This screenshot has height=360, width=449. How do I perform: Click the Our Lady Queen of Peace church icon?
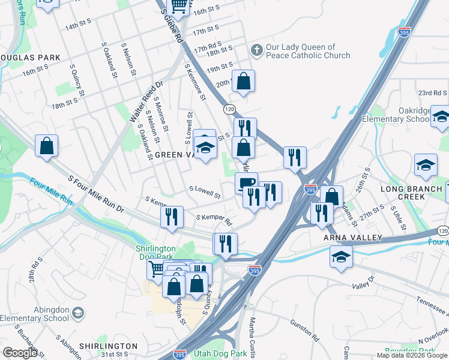point(257,50)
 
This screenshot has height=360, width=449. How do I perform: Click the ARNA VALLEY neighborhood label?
point(353,238)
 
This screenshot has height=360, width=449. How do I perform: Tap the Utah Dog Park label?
point(220,354)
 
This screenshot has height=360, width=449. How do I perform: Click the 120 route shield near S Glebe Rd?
point(229,109)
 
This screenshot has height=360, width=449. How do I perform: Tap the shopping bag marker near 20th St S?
point(243,81)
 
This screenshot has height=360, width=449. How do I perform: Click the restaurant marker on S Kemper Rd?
point(172,217)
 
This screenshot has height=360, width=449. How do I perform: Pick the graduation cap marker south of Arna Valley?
point(341,256)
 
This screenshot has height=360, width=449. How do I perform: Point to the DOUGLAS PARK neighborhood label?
point(30,58)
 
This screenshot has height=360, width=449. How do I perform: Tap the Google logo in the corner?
point(20,353)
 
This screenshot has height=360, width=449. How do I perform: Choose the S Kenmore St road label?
point(196,82)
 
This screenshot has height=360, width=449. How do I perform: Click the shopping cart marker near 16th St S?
point(179,6)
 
